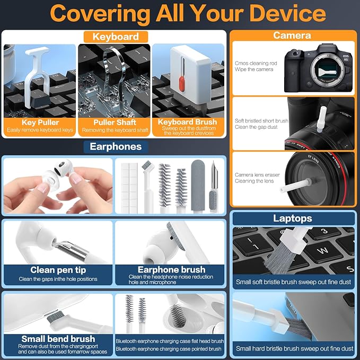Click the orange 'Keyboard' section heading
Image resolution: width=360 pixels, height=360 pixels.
point(116,37)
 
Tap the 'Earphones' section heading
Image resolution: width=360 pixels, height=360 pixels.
point(116,146)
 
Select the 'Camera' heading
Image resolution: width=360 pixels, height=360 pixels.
point(292,35)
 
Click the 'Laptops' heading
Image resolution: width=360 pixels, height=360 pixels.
point(293,218)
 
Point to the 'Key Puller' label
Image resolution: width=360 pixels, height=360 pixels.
point(40,122)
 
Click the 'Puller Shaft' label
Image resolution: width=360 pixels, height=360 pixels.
point(115,122)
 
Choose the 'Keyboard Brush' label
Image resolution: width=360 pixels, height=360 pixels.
point(187,122)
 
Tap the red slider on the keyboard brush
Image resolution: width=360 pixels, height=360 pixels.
point(182,84)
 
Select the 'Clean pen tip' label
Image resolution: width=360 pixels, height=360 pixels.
point(58,270)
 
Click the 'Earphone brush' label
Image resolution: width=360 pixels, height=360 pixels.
point(171,269)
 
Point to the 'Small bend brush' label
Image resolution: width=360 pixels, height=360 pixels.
point(58,339)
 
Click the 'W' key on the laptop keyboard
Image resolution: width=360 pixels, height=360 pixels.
point(323,250)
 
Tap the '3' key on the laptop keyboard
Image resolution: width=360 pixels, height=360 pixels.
point(324,231)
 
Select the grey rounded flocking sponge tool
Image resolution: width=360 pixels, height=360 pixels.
point(197,186)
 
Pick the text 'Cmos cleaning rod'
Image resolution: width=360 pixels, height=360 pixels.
point(256,63)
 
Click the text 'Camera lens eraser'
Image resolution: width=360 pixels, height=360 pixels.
point(257,175)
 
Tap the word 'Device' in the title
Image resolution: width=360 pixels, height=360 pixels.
point(287,13)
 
